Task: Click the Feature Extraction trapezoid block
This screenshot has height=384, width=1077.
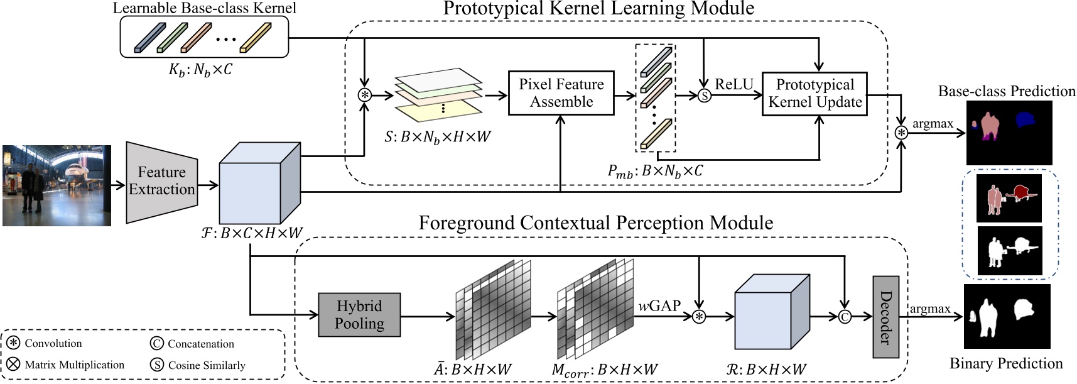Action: [162, 182]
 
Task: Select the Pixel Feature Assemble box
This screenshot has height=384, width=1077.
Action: [561, 93]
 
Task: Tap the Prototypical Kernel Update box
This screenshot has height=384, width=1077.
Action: [815, 94]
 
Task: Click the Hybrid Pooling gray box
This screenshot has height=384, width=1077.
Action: [359, 315]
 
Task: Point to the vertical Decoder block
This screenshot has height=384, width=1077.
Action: [885, 317]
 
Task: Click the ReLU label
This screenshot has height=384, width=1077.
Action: [733, 84]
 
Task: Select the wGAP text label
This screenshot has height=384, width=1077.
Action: [659, 306]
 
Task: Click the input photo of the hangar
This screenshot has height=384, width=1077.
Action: [57, 185]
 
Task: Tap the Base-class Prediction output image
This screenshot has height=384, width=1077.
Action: [1009, 133]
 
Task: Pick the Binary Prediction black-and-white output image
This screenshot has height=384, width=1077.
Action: [1007, 316]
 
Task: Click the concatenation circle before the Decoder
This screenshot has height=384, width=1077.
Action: [845, 317]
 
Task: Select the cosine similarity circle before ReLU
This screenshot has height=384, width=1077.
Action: [705, 96]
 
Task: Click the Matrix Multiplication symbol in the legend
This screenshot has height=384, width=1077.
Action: [13, 365]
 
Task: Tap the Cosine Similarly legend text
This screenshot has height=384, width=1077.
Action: [207, 365]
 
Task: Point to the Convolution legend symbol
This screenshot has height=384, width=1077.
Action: [13, 343]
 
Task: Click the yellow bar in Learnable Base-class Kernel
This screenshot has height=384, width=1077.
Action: [256, 38]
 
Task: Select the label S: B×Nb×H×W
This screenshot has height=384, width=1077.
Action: [438, 136]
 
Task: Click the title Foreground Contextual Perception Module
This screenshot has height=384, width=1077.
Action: [595, 223]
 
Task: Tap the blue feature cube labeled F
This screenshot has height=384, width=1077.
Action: [259, 184]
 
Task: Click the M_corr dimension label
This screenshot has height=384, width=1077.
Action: [604, 370]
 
